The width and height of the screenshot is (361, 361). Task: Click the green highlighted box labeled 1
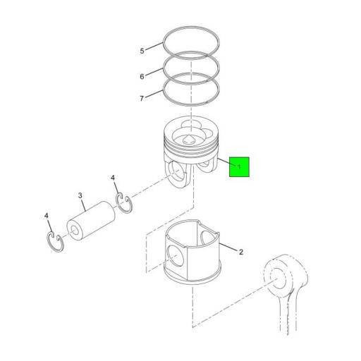[x=239, y=166]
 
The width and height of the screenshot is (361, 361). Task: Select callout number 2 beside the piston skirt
[x=240, y=252]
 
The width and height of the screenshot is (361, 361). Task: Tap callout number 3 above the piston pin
[x=80, y=195]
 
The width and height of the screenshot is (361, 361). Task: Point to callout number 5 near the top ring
[x=141, y=51]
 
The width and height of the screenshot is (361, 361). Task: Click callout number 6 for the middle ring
[x=141, y=75]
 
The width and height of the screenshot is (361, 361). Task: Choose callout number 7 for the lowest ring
[x=141, y=98]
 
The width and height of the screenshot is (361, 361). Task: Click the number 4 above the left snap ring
[x=47, y=215]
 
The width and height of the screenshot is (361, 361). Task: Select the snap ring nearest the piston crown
[x=126, y=202]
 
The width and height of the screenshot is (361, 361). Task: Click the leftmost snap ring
[x=55, y=239]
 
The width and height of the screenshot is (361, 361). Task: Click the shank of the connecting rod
[x=295, y=317]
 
